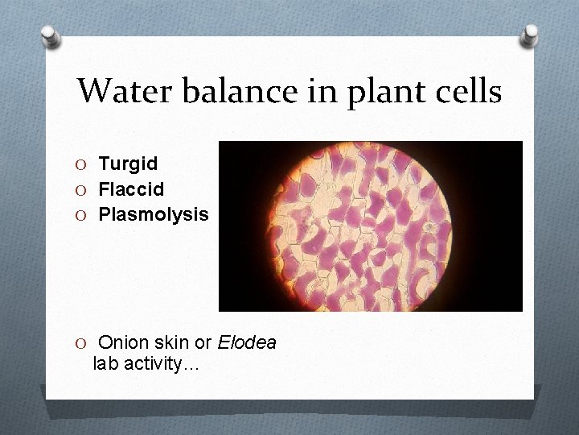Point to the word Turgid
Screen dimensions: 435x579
(x=128, y=164)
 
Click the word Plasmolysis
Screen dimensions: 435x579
(x=153, y=215)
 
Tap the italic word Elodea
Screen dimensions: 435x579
(x=248, y=342)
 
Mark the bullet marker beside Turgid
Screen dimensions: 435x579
(x=83, y=164)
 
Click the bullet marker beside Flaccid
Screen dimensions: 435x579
(x=83, y=190)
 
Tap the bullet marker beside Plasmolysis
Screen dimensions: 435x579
(x=83, y=216)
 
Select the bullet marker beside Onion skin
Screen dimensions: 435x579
(x=83, y=343)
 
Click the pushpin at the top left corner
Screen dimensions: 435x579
(x=51, y=35)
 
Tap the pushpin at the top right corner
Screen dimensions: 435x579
(x=530, y=35)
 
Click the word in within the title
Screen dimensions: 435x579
(x=319, y=91)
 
